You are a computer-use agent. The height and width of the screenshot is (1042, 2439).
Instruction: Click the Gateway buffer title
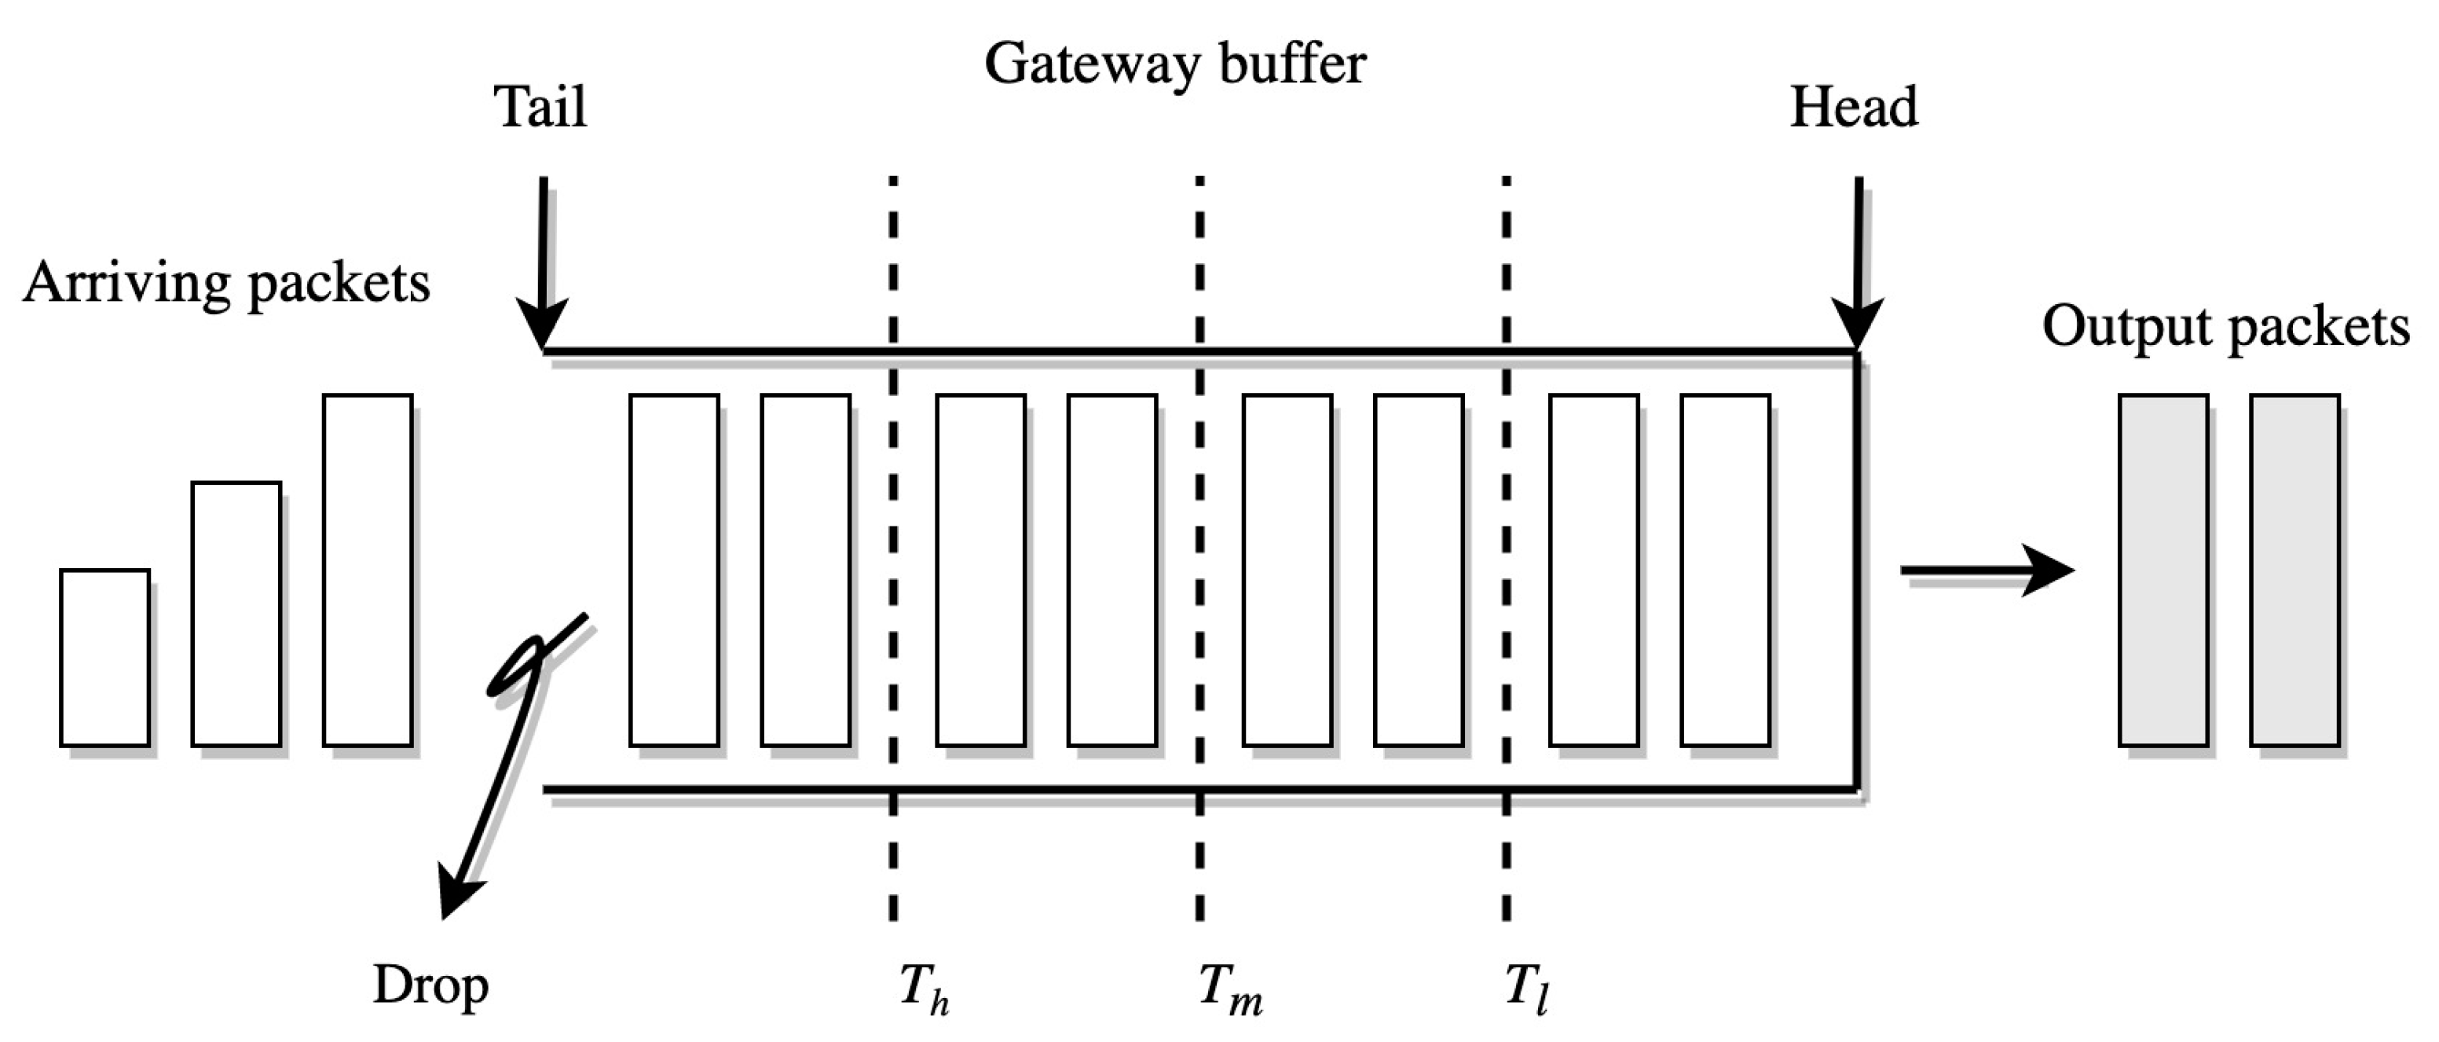click(1174, 64)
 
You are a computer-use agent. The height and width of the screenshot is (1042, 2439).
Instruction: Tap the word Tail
click(540, 106)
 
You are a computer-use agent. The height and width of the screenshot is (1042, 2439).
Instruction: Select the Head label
click(1853, 106)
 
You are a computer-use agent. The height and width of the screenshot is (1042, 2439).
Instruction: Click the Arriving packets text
click(226, 282)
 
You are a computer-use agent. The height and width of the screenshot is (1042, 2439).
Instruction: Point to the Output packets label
click(2225, 327)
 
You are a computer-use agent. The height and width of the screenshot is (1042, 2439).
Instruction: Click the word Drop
click(430, 985)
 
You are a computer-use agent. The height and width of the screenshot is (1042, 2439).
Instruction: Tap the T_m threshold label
click(1230, 990)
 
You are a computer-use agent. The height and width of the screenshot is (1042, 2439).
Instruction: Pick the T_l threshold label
click(1526, 990)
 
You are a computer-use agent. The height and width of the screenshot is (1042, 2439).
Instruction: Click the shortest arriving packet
click(105, 658)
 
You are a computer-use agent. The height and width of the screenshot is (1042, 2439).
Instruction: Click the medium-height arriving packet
click(236, 614)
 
